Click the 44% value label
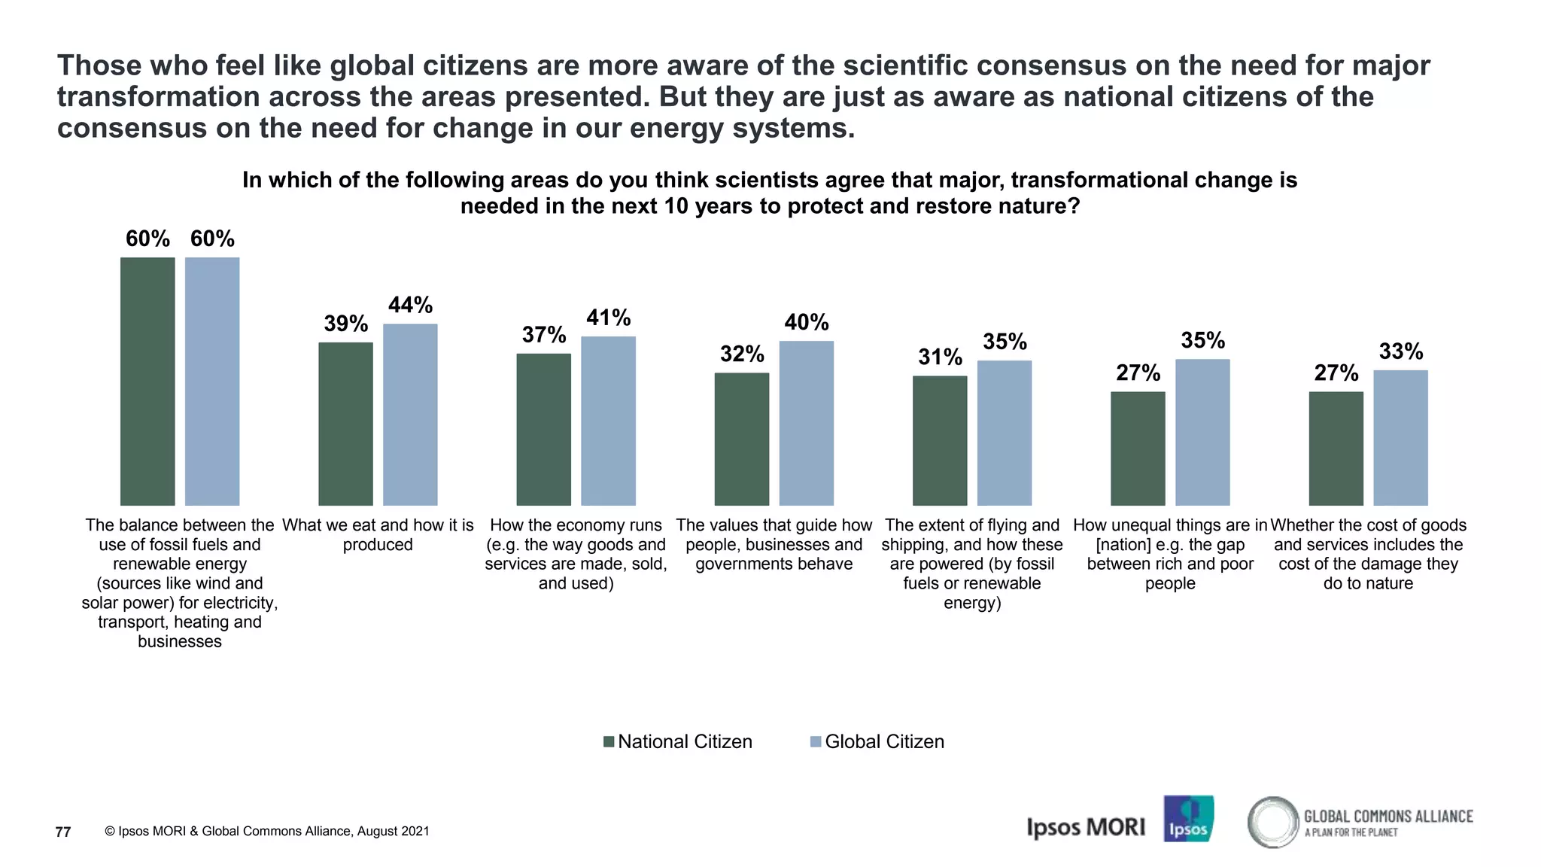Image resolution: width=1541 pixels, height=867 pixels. (x=410, y=305)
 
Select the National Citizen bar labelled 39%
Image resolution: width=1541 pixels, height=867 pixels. (x=345, y=424)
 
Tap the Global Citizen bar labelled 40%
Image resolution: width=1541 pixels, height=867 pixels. (x=806, y=423)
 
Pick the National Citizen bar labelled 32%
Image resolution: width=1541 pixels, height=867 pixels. (x=741, y=439)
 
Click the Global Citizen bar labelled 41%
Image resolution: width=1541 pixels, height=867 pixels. (x=608, y=421)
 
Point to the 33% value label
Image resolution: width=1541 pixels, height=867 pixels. (x=1400, y=351)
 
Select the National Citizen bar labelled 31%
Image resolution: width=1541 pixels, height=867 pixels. (x=939, y=440)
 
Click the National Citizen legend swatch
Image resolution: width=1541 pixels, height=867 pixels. (x=609, y=742)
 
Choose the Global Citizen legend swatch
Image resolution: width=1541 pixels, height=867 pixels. (x=815, y=742)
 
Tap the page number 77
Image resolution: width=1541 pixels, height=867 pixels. (x=63, y=832)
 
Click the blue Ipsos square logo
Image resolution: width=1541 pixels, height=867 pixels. (x=1188, y=819)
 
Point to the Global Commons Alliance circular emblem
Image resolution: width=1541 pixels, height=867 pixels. (x=1273, y=822)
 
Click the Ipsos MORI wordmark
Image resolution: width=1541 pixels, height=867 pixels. (x=1085, y=827)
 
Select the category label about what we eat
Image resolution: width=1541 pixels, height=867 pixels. (x=378, y=534)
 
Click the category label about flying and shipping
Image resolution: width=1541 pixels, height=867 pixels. (x=971, y=563)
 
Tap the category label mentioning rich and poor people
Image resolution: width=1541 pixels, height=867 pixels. (x=1170, y=554)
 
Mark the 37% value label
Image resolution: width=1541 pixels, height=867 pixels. (x=544, y=335)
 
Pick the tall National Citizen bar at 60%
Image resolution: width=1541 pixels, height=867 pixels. (x=147, y=381)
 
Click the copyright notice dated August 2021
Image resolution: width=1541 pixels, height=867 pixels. (x=266, y=832)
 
